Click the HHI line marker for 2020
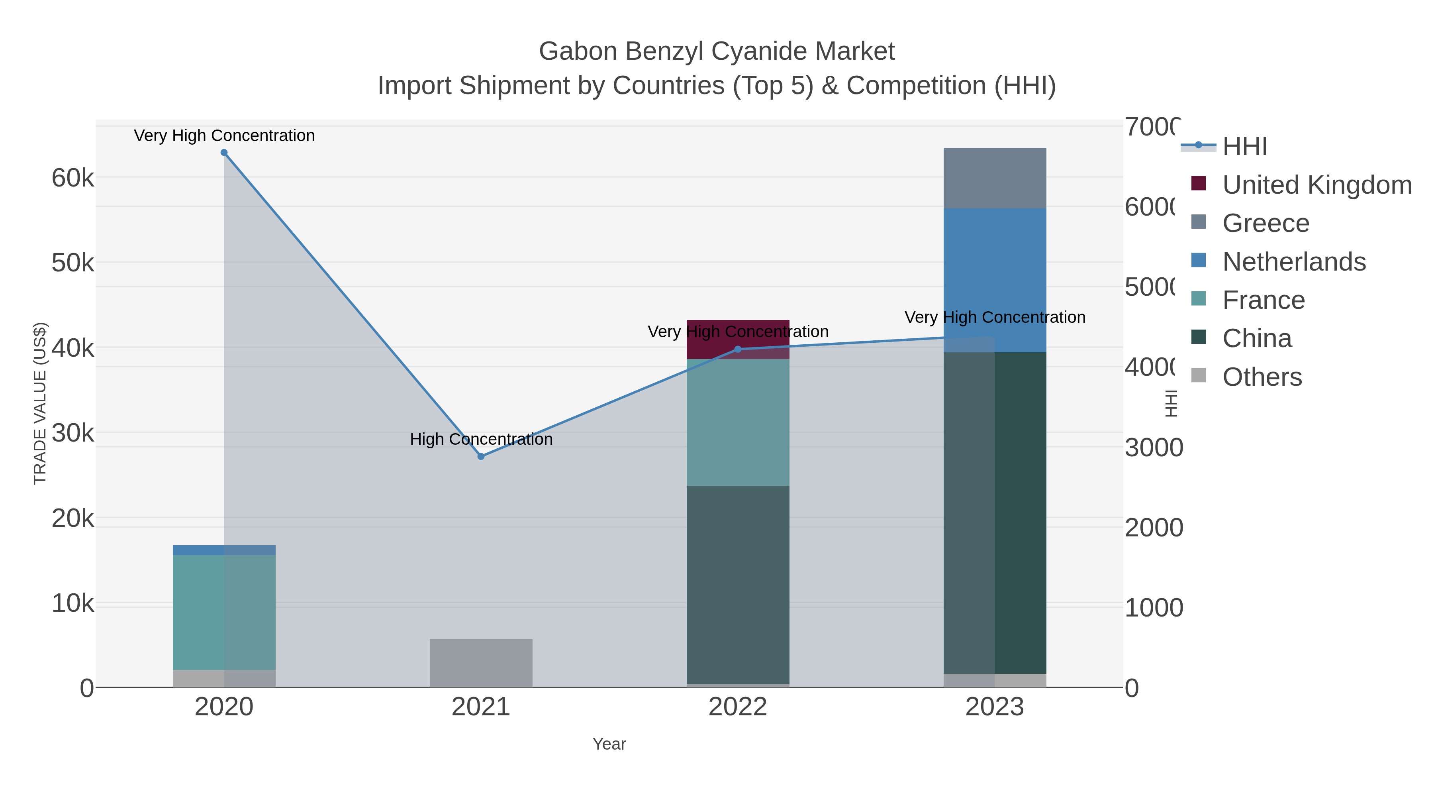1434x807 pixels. point(224,153)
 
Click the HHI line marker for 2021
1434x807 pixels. point(481,456)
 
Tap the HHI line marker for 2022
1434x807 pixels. point(738,349)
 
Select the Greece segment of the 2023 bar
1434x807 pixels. point(995,178)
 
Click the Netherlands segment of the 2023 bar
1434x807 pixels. point(995,280)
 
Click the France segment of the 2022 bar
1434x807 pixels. point(738,422)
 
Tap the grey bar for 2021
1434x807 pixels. point(481,663)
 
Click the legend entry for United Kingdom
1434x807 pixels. point(1316,185)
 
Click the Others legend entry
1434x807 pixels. point(1262,377)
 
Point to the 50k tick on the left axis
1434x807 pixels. point(73,263)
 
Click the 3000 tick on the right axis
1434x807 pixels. point(1153,448)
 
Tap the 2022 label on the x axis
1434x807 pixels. point(738,707)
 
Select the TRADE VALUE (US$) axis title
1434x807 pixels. point(40,403)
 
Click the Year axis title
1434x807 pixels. point(609,744)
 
